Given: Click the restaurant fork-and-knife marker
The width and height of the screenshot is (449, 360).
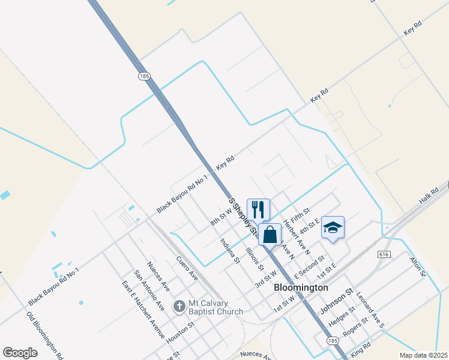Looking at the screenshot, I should click(x=258, y=209).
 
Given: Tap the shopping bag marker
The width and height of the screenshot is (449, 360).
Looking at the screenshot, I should click(x=270, y=234).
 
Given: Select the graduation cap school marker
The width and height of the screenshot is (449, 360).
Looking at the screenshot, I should click(x=333, y=227).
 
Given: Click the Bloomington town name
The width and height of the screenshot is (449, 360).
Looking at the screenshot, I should click(x=301, y=287).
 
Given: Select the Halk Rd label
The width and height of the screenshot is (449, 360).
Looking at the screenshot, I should click(x=429, y=194).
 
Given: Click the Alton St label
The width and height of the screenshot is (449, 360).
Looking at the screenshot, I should click(x=417, y=266).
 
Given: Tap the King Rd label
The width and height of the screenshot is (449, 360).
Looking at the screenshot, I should click(x=361, y=346).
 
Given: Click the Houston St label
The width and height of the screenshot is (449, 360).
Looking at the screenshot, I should click(x=181, y=331).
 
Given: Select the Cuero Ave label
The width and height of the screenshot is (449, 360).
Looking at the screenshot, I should click(x=187, y=268).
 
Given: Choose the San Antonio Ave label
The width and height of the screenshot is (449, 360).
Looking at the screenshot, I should click(x=149, y=290).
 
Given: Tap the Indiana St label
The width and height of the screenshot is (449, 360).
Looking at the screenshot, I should click(x=230, y=251).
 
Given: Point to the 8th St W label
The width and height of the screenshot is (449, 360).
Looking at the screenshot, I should click(x=221, y=215).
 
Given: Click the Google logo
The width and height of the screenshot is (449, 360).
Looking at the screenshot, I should click(x=20, y=353).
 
